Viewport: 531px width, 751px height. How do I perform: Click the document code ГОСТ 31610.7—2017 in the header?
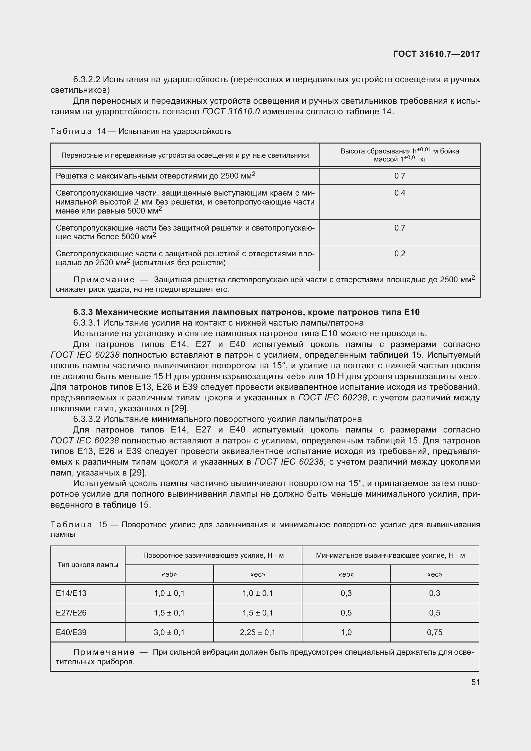(x=436, y=54)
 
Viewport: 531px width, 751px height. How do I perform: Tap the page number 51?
(x=475, y=682)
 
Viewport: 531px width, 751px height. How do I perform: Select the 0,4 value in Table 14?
(x=400, y=193)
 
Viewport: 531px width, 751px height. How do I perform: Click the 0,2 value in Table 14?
(x=400, y=254)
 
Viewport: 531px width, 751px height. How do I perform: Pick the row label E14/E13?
(x=71, y=593)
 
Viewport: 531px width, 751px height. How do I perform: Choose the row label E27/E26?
(x=71, y=613)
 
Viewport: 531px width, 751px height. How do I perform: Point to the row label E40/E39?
(x=71, y=632)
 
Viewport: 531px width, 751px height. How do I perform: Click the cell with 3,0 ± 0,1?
(x=169, y=632)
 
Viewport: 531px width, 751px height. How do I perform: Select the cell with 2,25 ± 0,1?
(x=257, y=632)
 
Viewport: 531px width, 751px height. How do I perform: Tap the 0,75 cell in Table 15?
(x=434, y=632)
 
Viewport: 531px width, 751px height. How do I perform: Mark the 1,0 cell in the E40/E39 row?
(x=346, y=632)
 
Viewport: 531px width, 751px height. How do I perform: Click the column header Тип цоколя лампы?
(x=88, y=565)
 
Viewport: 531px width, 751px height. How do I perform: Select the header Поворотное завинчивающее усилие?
(x=213, y=555)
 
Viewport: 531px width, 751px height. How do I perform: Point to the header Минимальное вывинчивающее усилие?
(x=390, y=555)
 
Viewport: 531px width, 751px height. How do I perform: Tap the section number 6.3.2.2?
(x=87, y=80)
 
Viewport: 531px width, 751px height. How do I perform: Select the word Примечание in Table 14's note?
(x=104, y=280)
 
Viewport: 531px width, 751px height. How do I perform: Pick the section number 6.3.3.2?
(x=87, y=419)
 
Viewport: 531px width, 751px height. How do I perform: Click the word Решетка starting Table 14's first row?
(x=68, y=176)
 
